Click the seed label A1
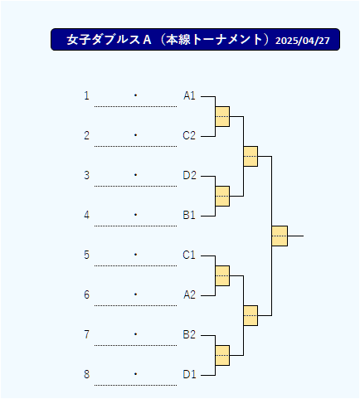click(189, 96)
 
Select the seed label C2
click(189, 136)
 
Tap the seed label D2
click(189, 176)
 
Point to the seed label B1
click(189, 216)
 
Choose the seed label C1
click(189, 255)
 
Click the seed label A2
click(189, 295)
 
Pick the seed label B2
click(189, 335)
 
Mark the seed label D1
click(189, 375)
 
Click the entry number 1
click(87, 96)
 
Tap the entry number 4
click(87, 216)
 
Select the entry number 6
click(87, 295)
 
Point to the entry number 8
click(87, 375)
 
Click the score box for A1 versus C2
click(222, 117)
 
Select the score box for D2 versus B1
click(222, 197)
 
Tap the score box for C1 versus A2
click(222, 276)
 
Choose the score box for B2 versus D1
click(222, 356)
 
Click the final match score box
click(280, 236)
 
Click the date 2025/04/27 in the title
click(303, 41)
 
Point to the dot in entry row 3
click(135, 175)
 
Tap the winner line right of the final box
click(295, 236)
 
